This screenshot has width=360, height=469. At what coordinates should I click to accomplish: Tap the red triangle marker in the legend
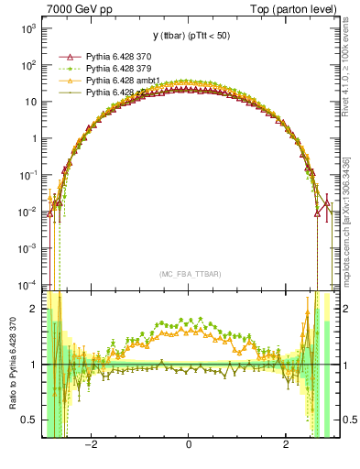pyautogui.click(x=66, y=57)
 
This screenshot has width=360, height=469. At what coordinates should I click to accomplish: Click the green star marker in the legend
pyautogui.click(x=66, y=69)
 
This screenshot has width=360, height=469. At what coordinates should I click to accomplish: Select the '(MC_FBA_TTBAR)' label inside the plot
pyautogui.click(x=188, y=273)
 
